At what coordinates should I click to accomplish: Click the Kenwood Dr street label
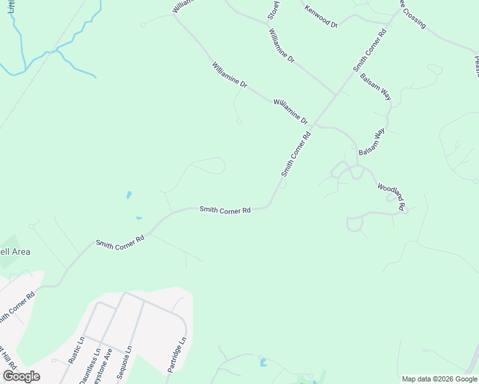[321, 16]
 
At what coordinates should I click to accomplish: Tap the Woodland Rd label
[391, 197]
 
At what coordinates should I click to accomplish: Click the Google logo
[21, 376]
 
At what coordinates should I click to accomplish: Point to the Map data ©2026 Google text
[439, 379]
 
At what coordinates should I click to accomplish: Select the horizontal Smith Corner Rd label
[224, 209]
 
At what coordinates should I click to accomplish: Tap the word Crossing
[413, 15]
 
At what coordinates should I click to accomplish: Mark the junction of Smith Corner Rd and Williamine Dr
[335, 95]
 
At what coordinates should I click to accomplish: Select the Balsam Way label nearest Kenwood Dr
[375, 86]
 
